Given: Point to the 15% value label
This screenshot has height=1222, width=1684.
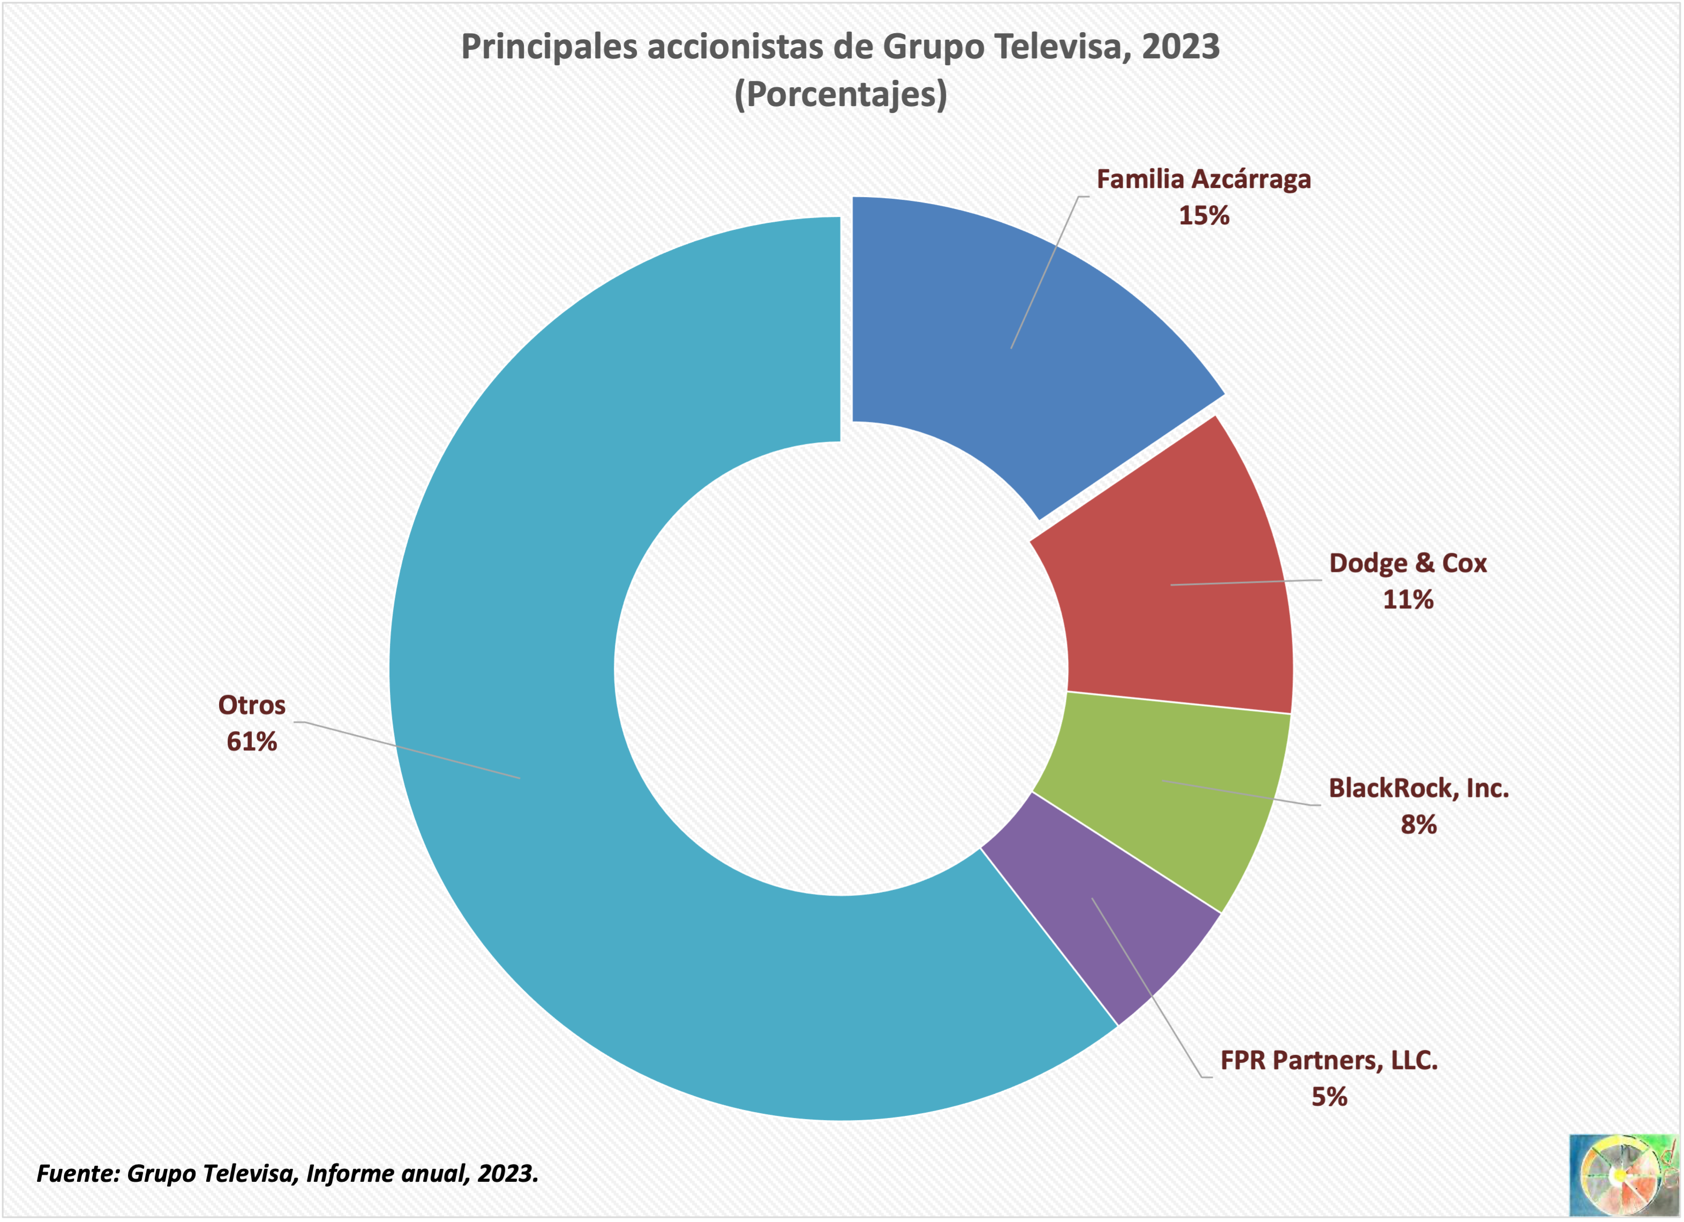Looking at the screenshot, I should tap(1204, 216).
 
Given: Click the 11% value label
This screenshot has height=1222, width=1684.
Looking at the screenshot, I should tap(1408, 600).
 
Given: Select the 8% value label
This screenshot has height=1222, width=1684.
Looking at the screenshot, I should tap(1418, 825).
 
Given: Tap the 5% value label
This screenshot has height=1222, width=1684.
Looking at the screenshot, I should tap(1328, 1097).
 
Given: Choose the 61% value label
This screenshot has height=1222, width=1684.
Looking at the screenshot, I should tap(252, 742).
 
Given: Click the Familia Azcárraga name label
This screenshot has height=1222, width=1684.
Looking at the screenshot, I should tap(1204, 180).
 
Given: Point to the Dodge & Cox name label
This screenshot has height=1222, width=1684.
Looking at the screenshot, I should tap(1408, 563).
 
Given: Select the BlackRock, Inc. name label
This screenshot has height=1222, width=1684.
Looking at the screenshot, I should tap(1418, 788).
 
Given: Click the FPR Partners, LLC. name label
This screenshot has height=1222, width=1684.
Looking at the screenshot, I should tap(1328, 1060).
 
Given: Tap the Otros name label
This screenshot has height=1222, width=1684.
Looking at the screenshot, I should tap(252, 705).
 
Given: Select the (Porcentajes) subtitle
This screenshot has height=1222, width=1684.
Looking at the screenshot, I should tap(840, 94).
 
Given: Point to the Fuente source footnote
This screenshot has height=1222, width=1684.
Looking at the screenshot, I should tap(287, 1174).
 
